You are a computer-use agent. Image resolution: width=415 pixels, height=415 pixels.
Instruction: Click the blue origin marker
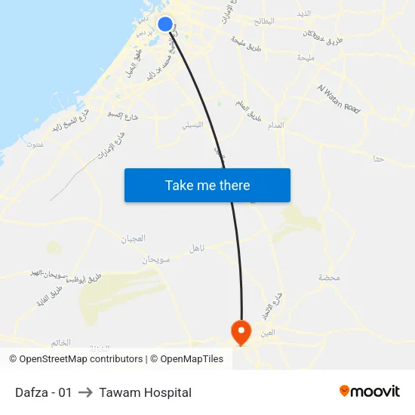[x=165, y=24]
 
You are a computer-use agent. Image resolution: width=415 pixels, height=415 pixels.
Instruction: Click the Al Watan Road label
[x=340, y=99]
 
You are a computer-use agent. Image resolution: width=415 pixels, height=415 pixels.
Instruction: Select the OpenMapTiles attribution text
[x=192, y=359]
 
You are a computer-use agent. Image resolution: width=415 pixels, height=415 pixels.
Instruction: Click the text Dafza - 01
[x=44, y=392]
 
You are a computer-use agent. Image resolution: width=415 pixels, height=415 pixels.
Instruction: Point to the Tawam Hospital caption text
[x=145, y=392]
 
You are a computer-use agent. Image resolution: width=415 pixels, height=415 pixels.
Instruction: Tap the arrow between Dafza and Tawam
[x=85, y=392]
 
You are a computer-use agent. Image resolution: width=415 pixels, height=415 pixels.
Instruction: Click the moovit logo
[x=369, y=392]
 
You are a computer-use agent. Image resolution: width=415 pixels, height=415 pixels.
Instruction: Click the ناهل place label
[x=198, y=247]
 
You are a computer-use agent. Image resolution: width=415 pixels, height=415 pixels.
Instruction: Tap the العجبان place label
[x=134, y=238]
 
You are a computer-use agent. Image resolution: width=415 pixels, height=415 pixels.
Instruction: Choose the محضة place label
[x=329, y=278]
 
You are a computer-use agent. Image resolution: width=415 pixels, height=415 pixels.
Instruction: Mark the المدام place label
[x=276, y=124]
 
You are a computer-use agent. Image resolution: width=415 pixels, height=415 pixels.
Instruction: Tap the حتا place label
[x=379, y=158]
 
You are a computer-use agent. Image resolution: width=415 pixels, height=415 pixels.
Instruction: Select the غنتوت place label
[x=35, y=144]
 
